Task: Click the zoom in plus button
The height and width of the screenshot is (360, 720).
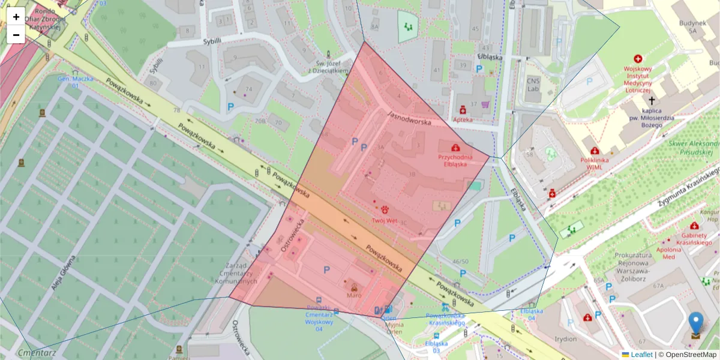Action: [16, 16]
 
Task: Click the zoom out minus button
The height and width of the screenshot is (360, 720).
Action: [16, 35]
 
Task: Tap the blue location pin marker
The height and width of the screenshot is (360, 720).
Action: [695, 324]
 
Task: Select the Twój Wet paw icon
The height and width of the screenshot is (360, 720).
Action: [384, 209]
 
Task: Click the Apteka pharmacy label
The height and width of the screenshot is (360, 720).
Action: [463, 119]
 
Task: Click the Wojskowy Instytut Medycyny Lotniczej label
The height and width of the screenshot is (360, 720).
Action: [637, 77]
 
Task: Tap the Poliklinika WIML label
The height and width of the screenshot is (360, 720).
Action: [595, 163]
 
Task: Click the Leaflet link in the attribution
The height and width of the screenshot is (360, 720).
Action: [641, 355]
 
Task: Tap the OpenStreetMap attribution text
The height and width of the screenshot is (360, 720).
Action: [687, 355]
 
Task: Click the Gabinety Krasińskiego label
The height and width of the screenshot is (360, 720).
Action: [696, 239]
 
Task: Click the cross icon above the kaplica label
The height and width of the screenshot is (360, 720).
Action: [652, 101]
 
